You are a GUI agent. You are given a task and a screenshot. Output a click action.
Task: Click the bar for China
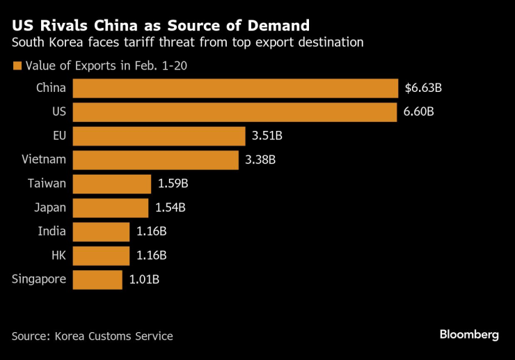[x=235, y=88]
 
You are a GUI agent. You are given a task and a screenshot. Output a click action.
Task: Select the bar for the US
[x=235, y=111]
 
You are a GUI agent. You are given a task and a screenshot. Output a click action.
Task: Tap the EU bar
[x=159, y=136]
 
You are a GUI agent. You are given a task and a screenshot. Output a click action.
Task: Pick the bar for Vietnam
[x=157, y=159]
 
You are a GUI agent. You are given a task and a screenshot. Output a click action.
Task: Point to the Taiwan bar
[x=111, y=184]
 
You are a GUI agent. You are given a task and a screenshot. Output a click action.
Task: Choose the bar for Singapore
[x=97, y=279]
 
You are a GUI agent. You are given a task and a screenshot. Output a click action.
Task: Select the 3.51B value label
[x=265, y=136]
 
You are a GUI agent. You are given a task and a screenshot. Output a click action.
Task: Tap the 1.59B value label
[x=171, y=184]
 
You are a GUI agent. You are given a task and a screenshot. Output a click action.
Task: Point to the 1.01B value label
[x=145, y=279]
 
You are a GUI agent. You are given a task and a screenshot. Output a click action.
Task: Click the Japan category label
[x=50, y=208]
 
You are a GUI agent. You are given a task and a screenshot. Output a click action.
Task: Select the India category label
[x=52, y=231]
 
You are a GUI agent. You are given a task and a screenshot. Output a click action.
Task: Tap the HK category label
[x=58, y=255]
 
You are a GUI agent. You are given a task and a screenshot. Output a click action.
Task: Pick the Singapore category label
[x=39, y=279]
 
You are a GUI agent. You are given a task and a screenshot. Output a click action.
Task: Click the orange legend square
[x=16, y=66]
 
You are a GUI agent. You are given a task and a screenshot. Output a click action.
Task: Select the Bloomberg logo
[x=469, y=335]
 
